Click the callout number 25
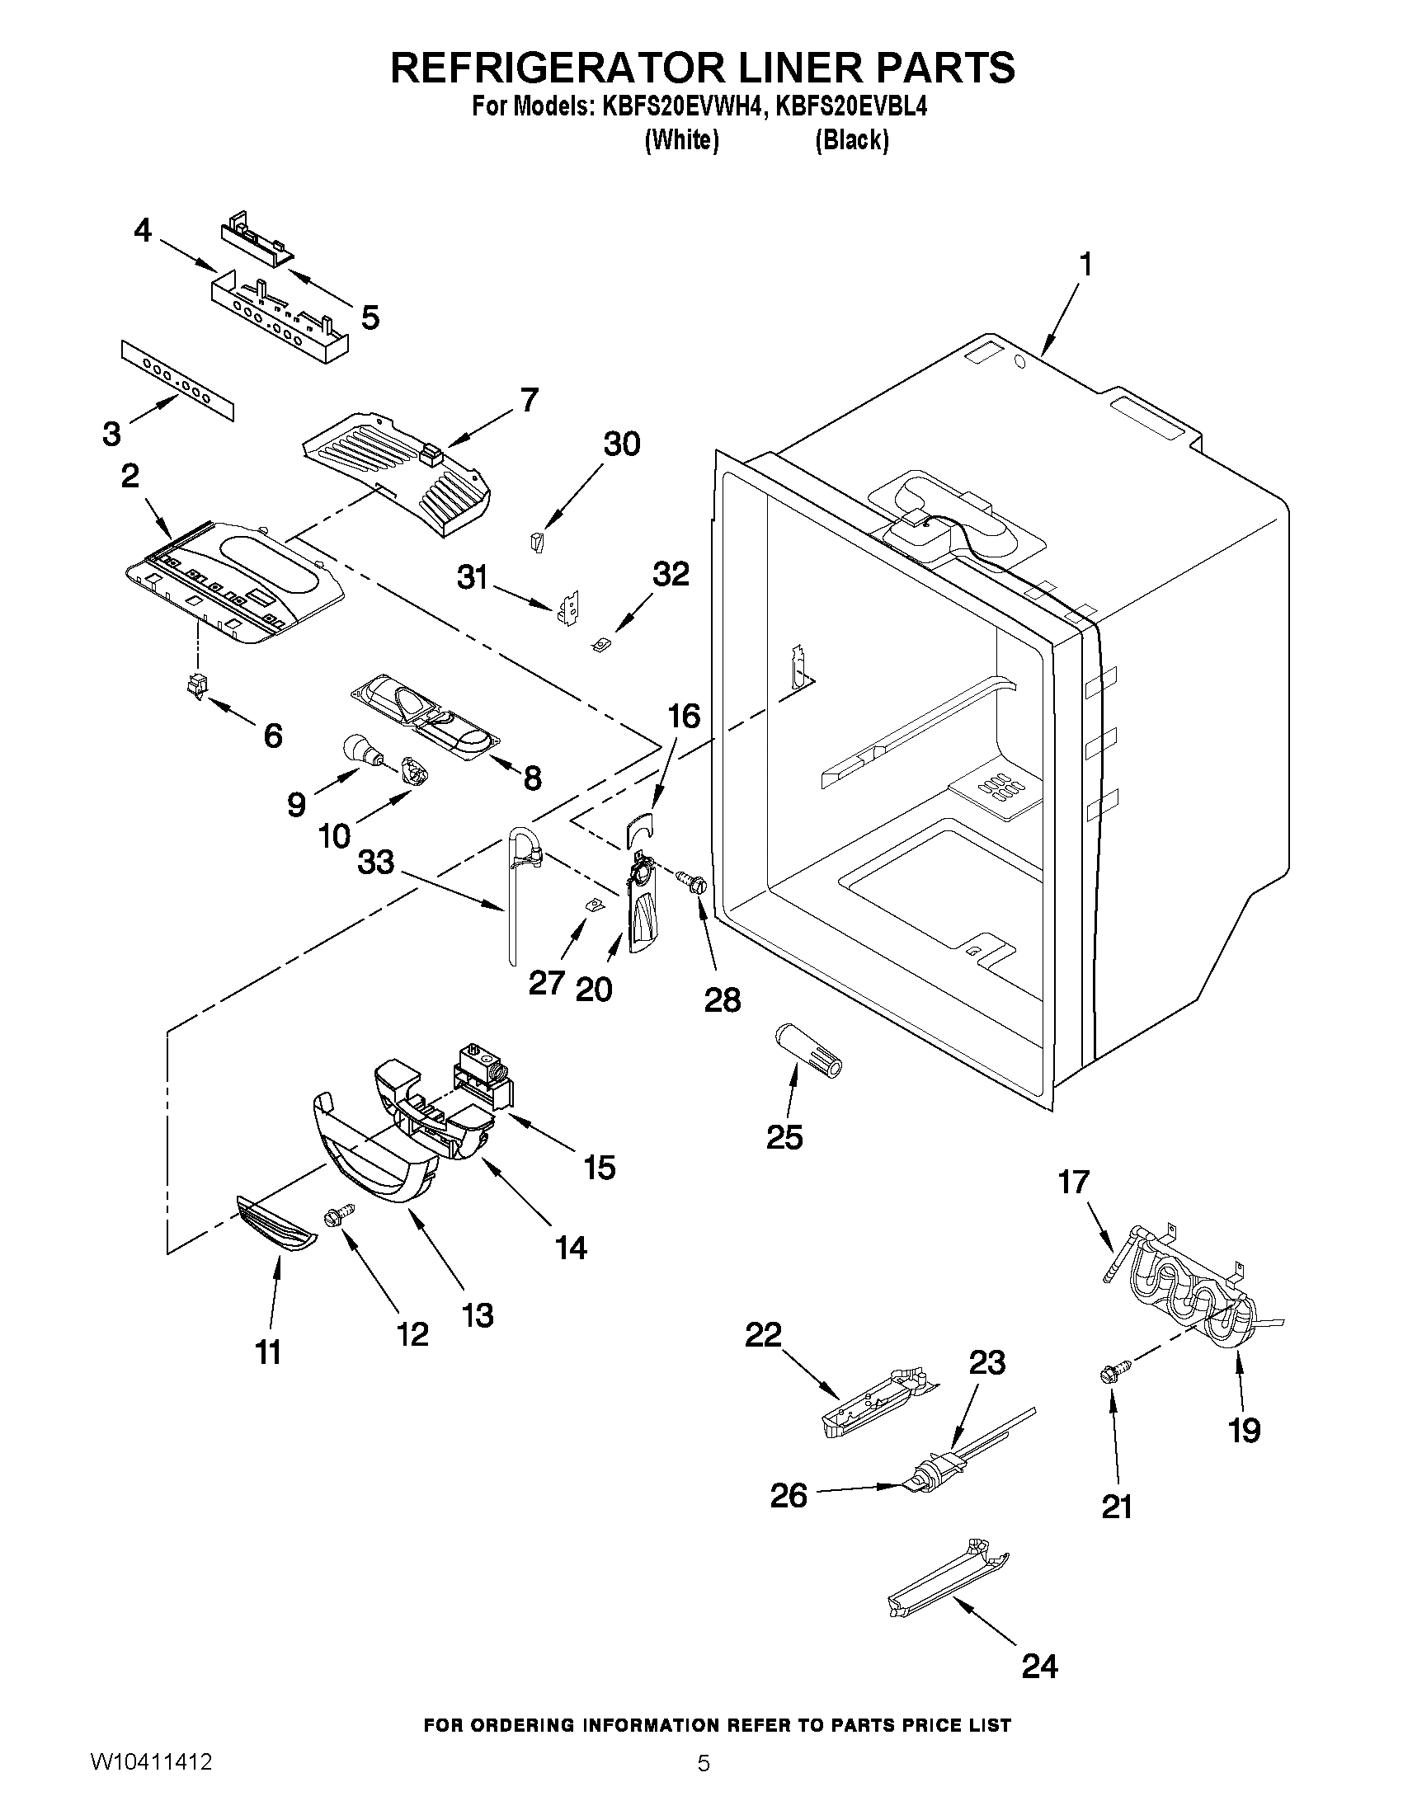784,1137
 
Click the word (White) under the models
681,140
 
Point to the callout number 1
1085,265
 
